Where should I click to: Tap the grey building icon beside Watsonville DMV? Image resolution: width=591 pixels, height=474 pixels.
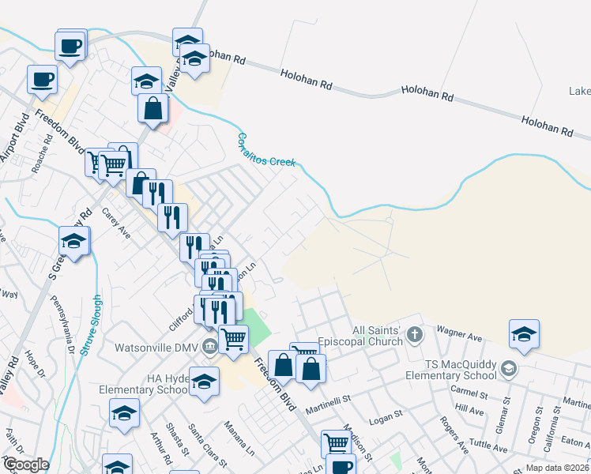pyautogui.click(x=209, y=345)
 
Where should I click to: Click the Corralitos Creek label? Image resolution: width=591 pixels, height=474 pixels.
pyautogui.click(x=266, y=150)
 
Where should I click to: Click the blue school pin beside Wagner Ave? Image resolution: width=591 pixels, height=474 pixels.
pyautogui.click(x=524, y=335)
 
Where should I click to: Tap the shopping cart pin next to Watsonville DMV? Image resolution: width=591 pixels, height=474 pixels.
pyautogui.click(x=233, y=339)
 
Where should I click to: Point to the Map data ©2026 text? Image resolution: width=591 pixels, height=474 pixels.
pyautogui.click(x=558, y=468)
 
